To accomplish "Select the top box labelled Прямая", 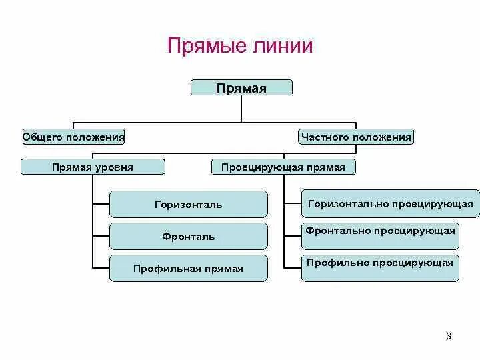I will point(241,87).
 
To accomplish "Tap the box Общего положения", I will point(73,137).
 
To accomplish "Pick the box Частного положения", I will point(356,137).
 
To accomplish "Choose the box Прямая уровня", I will point(92,167).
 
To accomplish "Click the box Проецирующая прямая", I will point(283,167).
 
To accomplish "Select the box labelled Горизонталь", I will point(189,204).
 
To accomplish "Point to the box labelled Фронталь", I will point(189,236).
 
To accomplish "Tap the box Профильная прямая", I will point(189,268).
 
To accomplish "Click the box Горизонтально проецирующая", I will point(390,203).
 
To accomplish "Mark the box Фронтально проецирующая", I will point(380,235).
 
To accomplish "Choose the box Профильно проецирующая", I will point(380,267).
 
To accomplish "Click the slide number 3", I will point(449,336).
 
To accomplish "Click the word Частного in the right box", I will point(325,137).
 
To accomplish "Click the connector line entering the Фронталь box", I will point(101,235).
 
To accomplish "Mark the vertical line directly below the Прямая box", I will point(241,109).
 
